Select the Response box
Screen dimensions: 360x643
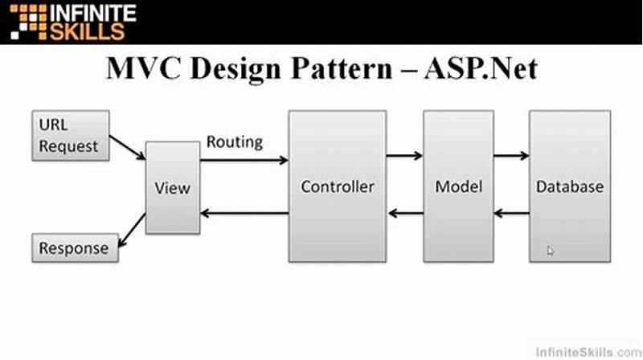pos(73,248)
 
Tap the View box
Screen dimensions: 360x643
pos(172,188)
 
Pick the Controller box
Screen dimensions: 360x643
pos(338,186)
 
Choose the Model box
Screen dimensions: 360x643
pos(458,186)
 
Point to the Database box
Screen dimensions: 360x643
pos(569,186)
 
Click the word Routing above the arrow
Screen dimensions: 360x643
pos(235,142)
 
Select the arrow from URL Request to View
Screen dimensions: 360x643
pos(127,146)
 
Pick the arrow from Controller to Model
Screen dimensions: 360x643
pos(404,156)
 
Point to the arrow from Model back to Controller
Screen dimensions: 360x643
pos(404,214)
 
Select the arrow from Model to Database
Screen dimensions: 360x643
pos(511,156)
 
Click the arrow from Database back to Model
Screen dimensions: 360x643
pos(511,214)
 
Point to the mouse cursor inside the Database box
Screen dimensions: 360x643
pos(551,251)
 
